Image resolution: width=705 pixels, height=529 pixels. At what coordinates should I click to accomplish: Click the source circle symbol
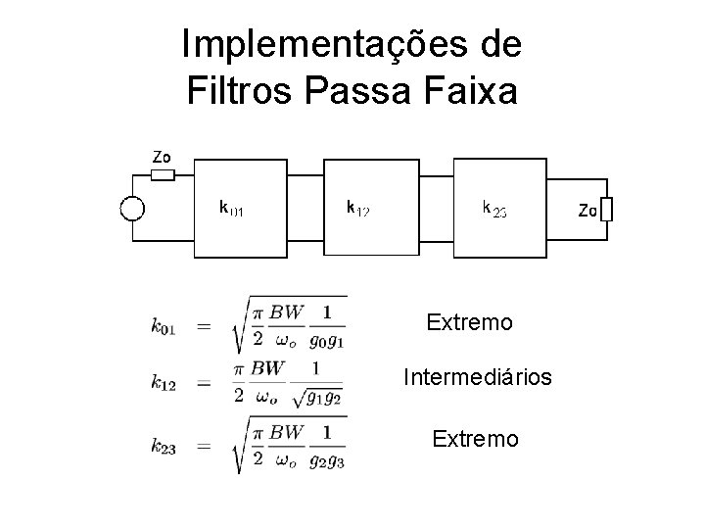131,208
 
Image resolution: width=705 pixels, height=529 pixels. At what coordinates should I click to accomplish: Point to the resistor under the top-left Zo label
163,175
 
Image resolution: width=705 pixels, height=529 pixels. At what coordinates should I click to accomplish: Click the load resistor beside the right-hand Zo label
608,209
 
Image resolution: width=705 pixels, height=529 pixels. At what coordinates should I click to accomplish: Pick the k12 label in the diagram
357,208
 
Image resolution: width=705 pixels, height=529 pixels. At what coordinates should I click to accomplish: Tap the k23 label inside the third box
494,208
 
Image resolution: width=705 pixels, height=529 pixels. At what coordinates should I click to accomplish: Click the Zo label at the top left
162,156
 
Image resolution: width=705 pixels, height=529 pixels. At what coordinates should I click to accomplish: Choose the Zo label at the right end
587,210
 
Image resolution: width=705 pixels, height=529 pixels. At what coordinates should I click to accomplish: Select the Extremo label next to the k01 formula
470,321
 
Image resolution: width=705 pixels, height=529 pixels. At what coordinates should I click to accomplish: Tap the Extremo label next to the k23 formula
476,440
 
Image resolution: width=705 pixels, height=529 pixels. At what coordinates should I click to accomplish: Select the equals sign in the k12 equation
204,383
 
